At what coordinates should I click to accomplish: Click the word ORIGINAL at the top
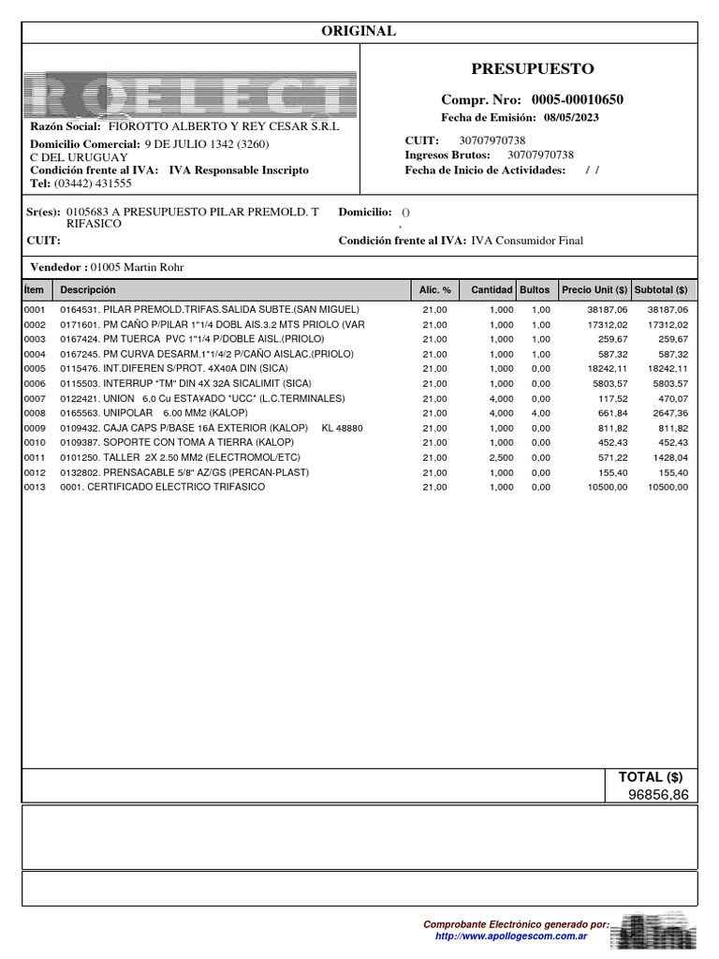pos(359,32)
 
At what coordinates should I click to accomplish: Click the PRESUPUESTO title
pos(532,69)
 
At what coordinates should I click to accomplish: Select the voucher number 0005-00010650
pos(578,99)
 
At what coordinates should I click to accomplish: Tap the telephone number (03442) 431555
pos(93,184)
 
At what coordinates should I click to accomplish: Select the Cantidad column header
pos(492,290)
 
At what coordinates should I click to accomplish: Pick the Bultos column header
pos(535,290)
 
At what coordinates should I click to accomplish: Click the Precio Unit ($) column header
pos(594,290)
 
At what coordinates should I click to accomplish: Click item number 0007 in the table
pos(35,398)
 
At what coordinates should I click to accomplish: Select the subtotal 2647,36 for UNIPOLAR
pos(668,413)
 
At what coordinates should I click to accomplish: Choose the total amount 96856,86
pos(657,794)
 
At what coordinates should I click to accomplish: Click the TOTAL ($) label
pos(651,777)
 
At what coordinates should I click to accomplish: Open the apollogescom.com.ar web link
pos(511,936)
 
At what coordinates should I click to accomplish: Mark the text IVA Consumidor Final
pos(527,241)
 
